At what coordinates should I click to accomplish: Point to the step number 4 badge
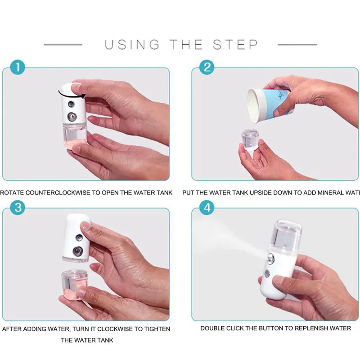(207, 208)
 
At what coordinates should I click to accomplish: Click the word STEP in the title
(235, 45)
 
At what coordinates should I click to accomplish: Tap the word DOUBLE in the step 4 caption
(212, 328)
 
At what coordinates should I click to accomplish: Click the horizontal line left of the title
(63, 45)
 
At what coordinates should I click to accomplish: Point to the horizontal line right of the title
(297, 45)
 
